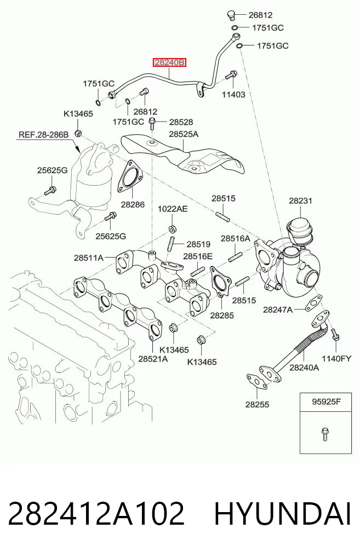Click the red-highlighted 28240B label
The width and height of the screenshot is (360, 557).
pyautogui.click(x=169, y=63)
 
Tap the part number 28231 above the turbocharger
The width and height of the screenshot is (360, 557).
pyautogui.click(x=300, y=200)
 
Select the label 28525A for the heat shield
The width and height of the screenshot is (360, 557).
pyautogui.click(x=184, y=134)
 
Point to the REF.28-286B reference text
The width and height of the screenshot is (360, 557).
pyautogui.click(x=43, y=135)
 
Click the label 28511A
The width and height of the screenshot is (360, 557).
pyautogui.click(x=88, y=257)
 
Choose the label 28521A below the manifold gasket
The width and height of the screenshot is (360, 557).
pyautogui.click(x=153, y=359)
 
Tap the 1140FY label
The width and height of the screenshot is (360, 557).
pyautogui.click(x=336, y=358)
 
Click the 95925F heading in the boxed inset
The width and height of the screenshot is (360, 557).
pyautogui.click(x=326, y=402)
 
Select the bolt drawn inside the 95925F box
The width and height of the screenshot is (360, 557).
pyautogui.click(x=324, y=434)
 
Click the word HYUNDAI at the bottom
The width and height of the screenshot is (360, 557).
pyautogui.click(x=283, y=514)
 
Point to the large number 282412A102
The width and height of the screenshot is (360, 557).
pyautogui.click(x=96, y=514)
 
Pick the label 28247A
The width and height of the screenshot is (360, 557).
pyautogui.click(x=278, y=310)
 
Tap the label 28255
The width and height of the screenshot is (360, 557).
pyautogui.click(x=257, y=404)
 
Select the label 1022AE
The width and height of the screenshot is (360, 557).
pyautogui.click(x=173, y=209)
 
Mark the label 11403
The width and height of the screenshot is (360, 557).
pyautogui.click(x=233, y=95)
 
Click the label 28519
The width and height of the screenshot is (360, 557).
pyautogui.click(x=198, y=244)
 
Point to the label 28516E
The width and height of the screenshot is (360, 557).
pyautogui.click(x=198, y=256)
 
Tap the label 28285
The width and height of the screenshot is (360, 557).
pyautogui.click(x=222, y=315)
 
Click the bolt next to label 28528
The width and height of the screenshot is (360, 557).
pyautogui.click(x=152, y=123)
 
